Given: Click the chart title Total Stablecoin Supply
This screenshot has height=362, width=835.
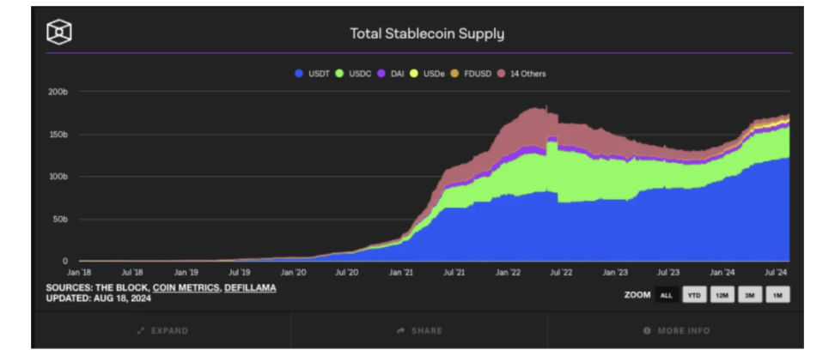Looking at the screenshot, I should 426,34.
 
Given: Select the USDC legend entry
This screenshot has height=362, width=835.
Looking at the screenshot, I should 353,74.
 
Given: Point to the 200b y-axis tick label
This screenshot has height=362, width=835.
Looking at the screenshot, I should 58,92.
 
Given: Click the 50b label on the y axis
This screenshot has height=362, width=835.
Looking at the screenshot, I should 60,219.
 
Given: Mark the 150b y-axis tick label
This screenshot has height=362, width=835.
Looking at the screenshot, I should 58,135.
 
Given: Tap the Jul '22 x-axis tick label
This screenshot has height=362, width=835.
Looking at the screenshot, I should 561,272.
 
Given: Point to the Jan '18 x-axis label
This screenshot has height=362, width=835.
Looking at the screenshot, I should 78,272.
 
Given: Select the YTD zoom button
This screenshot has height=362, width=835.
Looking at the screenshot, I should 694,295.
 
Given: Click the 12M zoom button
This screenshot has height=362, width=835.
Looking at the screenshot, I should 722,295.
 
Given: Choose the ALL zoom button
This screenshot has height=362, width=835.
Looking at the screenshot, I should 666,295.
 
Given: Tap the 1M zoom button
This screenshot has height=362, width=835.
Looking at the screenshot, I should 777,295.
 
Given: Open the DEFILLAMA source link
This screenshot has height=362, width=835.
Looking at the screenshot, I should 250,287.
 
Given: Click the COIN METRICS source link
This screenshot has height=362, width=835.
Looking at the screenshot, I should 185,287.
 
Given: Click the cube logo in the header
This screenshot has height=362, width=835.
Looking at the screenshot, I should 59,33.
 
